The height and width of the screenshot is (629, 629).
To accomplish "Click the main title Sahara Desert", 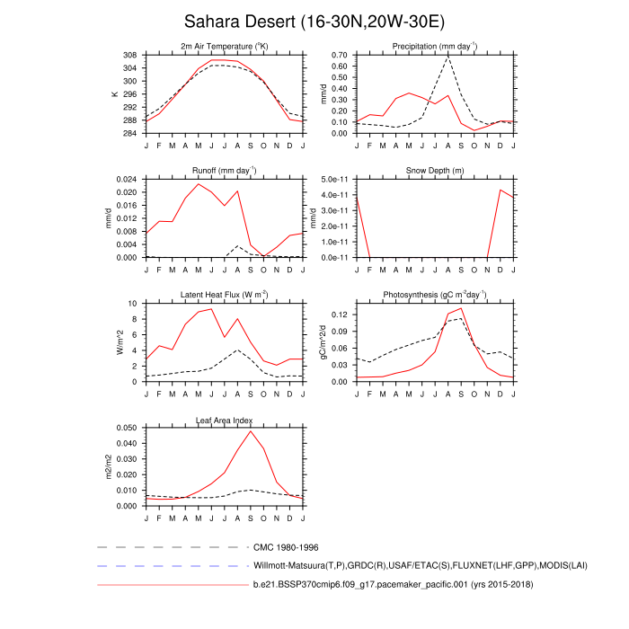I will [314, 21].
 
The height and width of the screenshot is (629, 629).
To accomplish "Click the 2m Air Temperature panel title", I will [225, 46].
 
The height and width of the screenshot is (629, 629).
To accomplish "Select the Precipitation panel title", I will [435, 46].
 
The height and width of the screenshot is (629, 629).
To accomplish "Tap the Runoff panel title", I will [225, 170].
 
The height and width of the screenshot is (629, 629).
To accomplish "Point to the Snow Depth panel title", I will [435, 170].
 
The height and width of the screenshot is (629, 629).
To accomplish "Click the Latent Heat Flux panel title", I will [225, 295].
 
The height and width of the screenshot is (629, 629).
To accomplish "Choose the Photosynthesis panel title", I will [435, 295].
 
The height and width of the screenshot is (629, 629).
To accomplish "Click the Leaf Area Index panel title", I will [225, 420].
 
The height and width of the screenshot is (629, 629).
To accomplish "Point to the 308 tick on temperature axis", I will [130, 55].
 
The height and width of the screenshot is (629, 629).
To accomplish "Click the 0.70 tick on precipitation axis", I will [340, 55].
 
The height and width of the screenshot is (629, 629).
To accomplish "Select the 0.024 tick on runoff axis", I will [126, 179].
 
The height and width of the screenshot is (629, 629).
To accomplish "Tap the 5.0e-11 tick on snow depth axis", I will [335, 179].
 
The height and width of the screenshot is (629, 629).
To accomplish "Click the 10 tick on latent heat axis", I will [133, 304].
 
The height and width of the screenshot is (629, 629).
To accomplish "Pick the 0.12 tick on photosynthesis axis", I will [340, 315].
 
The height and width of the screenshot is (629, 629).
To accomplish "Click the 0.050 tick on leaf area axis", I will [126, 428].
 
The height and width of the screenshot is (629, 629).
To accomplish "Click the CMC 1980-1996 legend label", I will [287, 546].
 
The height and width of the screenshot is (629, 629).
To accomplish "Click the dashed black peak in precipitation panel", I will [448, 57].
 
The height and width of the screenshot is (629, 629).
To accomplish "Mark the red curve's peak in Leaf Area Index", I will [251, 431].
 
